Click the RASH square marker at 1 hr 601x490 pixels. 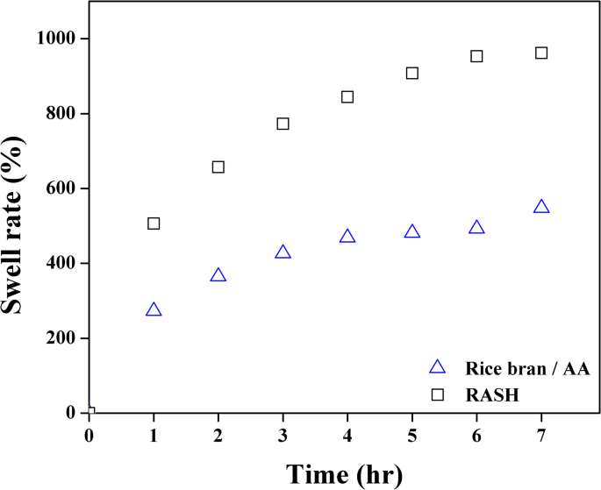[154, 224]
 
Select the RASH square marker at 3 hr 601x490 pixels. [283, 124]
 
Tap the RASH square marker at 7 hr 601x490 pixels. [541, 53]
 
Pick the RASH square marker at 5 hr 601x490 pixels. [412, 73]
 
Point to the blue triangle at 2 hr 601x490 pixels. [218, 275]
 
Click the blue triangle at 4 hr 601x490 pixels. [347, 237]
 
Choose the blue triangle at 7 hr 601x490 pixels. [541, 207]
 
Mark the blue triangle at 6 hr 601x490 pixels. [476, 228]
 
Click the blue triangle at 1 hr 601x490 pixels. [154, 310]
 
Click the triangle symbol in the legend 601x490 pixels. [437, 367]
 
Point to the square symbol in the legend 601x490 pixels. [437, 395]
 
